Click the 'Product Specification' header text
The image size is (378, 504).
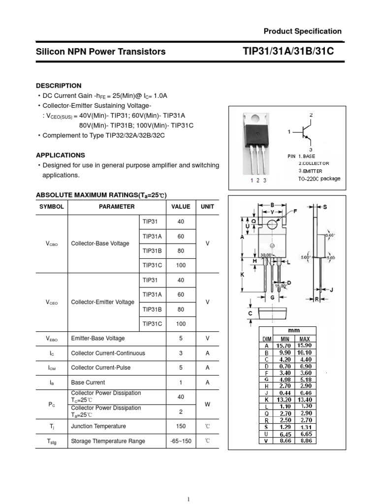pos(302,31)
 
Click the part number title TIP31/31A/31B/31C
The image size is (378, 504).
pos(288,51)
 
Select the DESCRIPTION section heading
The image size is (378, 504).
pos(62,86)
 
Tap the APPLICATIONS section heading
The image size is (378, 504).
pos(63,155)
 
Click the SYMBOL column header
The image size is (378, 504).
pos(52,207)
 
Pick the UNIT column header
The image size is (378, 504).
pos(207,207)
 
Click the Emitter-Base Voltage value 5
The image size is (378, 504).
pos(181,338)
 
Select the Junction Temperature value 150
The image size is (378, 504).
pos(181,426)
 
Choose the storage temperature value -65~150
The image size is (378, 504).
pos(181,441)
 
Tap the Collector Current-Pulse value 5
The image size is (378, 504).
pos(181,368)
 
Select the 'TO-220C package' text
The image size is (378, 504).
pos(319,179)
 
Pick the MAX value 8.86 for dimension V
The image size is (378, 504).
pos(305,441)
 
